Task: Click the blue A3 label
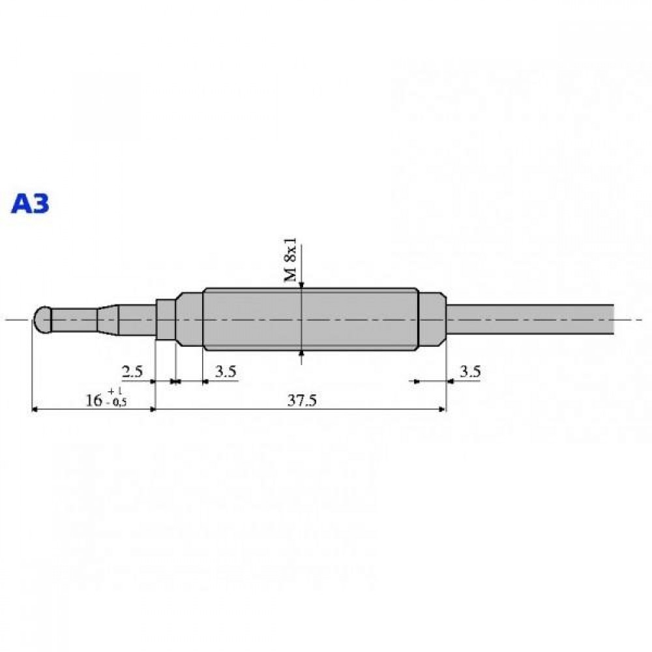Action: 31,203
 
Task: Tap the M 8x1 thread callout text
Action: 290,260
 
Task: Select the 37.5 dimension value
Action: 302,400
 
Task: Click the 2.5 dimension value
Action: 132,371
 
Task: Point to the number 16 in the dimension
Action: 94,400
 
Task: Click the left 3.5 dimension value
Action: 226,371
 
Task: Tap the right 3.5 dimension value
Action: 470,371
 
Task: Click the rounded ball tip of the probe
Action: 42,319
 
